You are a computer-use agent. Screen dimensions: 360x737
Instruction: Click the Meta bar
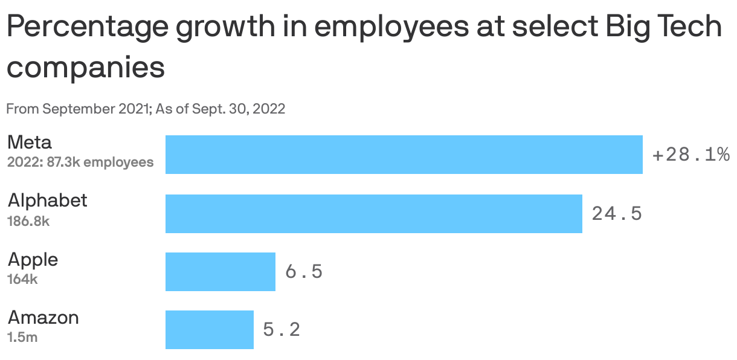(404, 155)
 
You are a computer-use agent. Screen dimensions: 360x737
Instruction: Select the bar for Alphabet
(373, 213)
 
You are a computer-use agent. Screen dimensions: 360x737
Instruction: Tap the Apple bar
(220, 272)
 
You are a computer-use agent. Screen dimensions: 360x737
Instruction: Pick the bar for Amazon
(209, 330)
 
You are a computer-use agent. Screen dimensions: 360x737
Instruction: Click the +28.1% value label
(690, 155)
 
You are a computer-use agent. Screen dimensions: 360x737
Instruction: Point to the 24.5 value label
(617, 213)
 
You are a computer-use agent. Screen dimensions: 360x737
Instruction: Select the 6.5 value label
(304, 272)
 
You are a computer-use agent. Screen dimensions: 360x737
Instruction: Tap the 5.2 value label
(282, 330)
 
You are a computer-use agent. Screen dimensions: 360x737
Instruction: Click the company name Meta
(30, 143)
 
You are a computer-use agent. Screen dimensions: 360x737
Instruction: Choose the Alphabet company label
(47, 201)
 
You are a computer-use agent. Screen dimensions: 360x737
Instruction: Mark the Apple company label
(33, 260)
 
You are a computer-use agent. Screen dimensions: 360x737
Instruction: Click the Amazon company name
(43, 318)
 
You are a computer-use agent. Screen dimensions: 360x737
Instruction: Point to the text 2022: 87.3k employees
(80, 162)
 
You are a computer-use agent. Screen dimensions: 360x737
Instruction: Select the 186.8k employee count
(28, 221)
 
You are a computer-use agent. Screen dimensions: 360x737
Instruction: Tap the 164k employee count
(22, 279)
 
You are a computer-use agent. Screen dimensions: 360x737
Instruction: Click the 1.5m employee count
(22, 337)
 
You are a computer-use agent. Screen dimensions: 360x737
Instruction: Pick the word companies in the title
(85, 67)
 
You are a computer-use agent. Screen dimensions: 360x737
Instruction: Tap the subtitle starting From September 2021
(145, 109)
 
